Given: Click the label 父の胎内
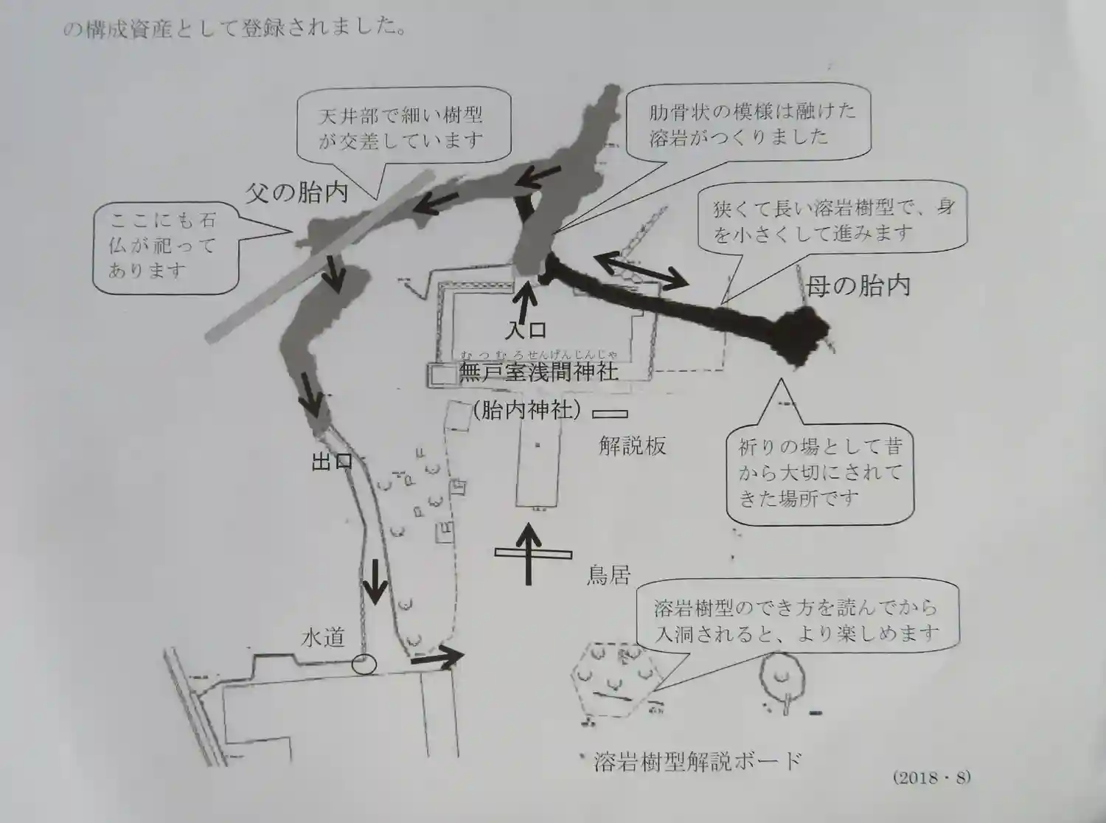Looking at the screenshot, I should (x=296, y=193).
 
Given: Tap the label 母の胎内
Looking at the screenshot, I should (x=858, y=285).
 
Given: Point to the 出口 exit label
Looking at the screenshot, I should (x=331, y=462).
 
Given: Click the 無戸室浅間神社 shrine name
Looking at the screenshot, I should (x=538, y=371).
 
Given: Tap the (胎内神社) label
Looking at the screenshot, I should (x=526, y=410).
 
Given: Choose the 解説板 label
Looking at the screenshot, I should (x=632, y=445).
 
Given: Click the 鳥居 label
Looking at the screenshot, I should (x=608, y=574).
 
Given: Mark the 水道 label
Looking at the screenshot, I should (x=322, y=637).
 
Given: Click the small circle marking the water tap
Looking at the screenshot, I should (x=364, y=664).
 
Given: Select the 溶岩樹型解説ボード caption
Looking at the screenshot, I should (x=697, y=761).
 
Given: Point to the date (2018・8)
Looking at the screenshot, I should (x=931, y=777).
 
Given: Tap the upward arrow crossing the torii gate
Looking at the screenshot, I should (x=528, y=554).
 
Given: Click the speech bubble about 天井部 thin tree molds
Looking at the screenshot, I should (x=402, y=127).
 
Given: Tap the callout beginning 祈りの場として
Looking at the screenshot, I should (x=820, y=473).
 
